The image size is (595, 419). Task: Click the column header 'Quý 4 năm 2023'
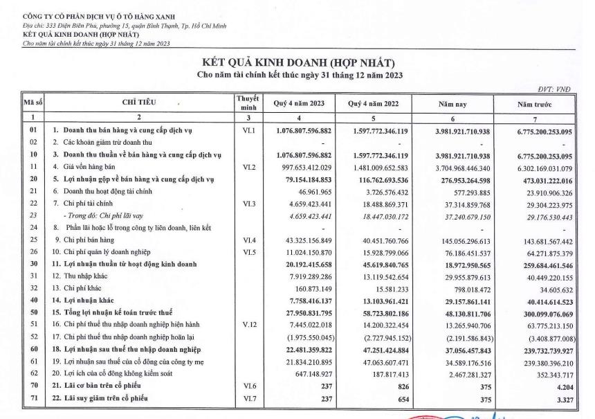pyautogui.click(x=299, y=104)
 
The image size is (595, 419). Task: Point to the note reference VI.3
pyautogui.click(x=247, y=204)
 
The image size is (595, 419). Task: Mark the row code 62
pyautogui.click(x=33, y=374)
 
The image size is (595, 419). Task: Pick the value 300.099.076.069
pyautogui.click(x=544, y=314)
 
